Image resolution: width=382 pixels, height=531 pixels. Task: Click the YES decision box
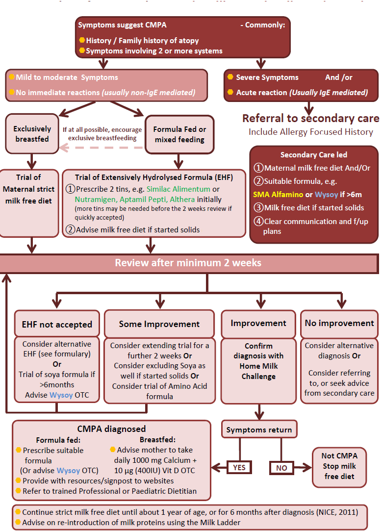coord(239,467)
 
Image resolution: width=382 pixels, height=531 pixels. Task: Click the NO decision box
coord(281,467)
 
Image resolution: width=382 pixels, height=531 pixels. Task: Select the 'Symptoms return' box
coord(259,430)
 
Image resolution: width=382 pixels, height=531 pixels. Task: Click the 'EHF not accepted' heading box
coord(57,324)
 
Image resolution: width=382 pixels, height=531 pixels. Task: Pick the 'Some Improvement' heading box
coord(159,324)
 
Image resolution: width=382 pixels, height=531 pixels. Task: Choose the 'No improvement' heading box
coord(339,323)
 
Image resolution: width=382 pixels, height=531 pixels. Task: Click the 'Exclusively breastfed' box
coord(32,134)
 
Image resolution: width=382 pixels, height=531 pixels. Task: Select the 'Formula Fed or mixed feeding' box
coord(179,134)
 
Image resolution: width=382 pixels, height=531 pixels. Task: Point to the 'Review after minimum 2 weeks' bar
coord(188,263)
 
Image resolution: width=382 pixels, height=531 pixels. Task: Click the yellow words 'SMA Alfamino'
coord(278,195)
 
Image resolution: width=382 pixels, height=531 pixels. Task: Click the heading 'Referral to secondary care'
coord(310,119)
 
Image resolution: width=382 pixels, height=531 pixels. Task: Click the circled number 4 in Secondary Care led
coord(258,221)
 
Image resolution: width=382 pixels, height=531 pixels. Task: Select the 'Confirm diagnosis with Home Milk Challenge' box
coord(258,360)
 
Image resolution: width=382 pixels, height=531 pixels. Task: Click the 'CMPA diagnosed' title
coord(111,429)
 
